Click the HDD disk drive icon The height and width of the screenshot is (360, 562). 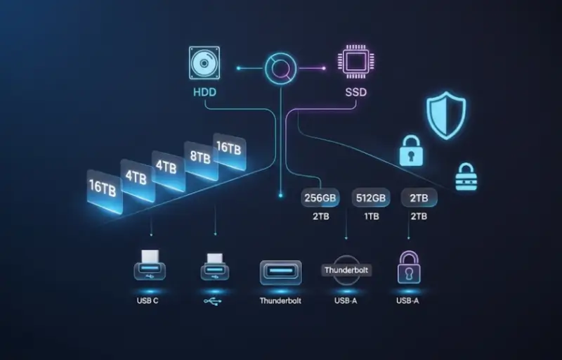pos(204,63)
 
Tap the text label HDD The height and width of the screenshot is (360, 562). pos(204,92)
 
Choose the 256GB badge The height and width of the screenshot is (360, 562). pos(321,198)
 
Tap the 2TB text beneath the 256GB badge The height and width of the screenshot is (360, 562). pos(321,217)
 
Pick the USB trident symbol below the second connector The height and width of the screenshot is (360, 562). pos(215,301)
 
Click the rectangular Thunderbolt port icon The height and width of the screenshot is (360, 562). pos(280,272)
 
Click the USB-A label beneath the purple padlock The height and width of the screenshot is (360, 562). pos(409,302)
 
